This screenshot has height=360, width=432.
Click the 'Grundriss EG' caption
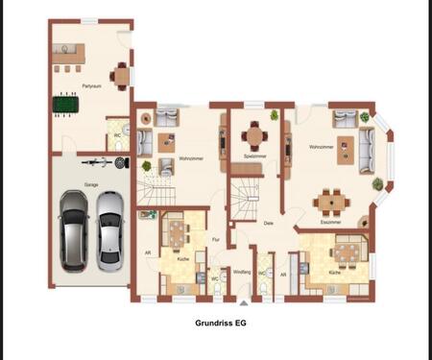220,324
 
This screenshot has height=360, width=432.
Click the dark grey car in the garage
72,231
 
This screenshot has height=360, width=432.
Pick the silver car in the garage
109,228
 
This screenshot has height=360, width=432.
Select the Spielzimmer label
254,156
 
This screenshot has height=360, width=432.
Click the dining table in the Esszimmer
332,202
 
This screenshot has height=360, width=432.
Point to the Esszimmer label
332,222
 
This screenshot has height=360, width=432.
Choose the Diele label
269,223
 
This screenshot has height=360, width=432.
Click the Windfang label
242,273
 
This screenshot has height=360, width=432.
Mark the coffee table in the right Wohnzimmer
343,149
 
